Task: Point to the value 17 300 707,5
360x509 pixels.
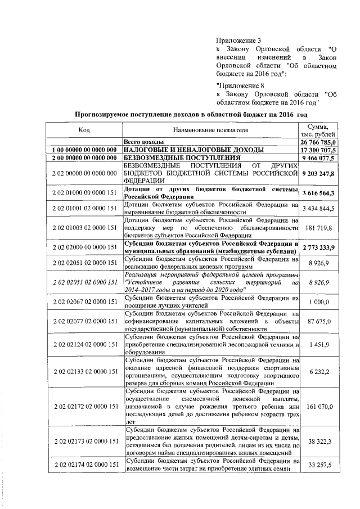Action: click(318, 150)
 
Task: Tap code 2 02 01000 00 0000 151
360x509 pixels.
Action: click(84, 193)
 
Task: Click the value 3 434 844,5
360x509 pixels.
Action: click(318, 209)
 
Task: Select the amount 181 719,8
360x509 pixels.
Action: click(321, 228)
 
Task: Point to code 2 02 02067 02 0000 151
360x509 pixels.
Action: click(84, 302)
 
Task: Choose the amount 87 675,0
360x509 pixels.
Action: click(322, 321)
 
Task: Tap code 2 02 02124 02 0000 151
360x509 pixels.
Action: click(84, 344)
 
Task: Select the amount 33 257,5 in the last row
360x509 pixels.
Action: click(322, 465)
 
